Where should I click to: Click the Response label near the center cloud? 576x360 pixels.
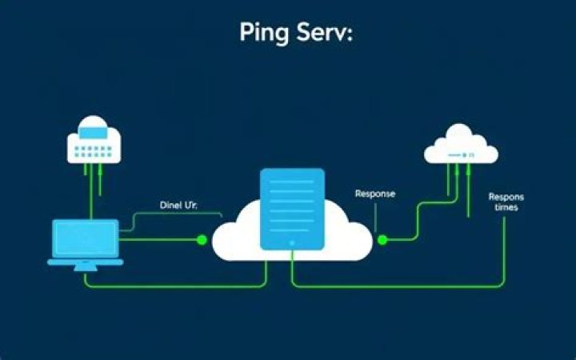click(x=374, y=194)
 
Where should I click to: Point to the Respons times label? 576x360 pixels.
click(x=504, y=202)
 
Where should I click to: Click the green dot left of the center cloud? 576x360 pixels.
click(x=202, y=239)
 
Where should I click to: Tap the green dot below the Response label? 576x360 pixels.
click(x=382, y=239)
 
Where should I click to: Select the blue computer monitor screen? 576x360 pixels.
click(x=86, y=238)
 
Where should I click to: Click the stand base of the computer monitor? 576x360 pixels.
click(x=86, y=266)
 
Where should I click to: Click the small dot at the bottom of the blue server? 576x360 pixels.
click(x=292, y=242)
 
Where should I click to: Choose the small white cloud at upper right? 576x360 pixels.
click(x=461, y=146)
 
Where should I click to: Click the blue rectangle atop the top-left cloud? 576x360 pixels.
click(x=94, y=125)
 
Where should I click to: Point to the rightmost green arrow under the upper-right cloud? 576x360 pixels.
click(x=468, y=192)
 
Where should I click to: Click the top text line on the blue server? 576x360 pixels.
click(x=292, y=183)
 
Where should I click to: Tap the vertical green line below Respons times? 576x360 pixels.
click(x=504, y=248)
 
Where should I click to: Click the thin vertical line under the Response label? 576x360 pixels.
click(x=374, y=218)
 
